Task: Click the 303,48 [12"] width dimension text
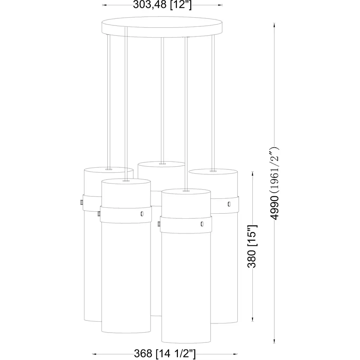click(162, 5)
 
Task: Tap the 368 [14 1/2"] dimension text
click(165, 354)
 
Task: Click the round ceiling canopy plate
click(162, 27)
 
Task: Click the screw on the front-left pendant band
click(142, 214)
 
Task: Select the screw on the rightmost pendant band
click(229, 204)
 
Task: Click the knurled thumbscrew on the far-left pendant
click(82, 202)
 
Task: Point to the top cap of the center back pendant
click(161, 165)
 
